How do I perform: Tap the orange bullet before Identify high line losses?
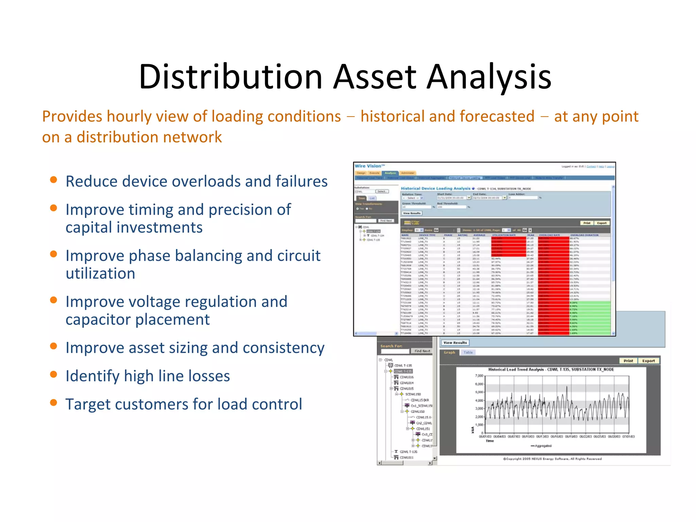tap(53, 375)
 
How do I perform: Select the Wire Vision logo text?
tap(369, 166)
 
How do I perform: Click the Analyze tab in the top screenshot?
tap(390, 173)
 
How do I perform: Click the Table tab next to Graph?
tap(468, 352)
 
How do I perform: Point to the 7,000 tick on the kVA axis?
tap(479, 376)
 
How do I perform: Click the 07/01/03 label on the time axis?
tap(628, 436)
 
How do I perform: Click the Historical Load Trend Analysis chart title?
tap(551, 369)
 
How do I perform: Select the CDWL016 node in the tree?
tap(406, 377)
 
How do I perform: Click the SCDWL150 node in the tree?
tap(413, 394)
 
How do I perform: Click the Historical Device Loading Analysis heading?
tap(435, 188)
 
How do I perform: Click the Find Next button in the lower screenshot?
tap(422, 351)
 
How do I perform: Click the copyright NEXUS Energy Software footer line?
tap(552, 459)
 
